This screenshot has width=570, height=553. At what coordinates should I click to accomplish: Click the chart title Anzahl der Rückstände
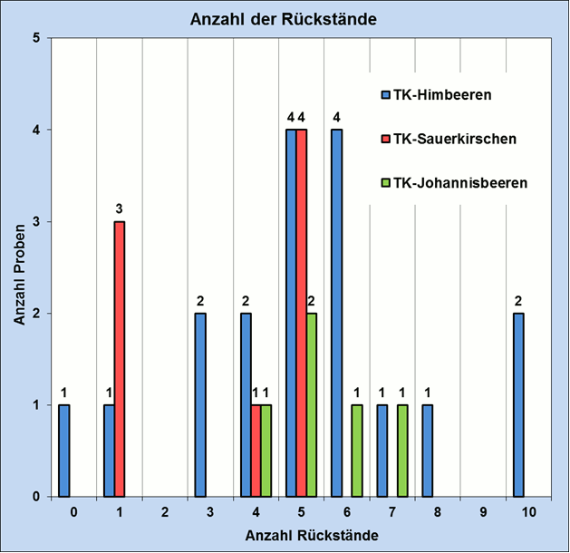(283, 20)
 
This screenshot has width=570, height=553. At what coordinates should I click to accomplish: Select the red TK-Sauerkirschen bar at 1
(119, 359)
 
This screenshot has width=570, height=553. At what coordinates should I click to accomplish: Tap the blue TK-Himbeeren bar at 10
(518, 405)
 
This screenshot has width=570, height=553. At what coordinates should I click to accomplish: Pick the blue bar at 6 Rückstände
(336, 314)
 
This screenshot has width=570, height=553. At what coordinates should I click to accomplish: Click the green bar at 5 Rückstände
(311, 405)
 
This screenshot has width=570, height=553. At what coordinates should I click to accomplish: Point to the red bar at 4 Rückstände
(256, 451)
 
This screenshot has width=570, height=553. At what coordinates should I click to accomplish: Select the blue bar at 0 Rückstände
(63, 451)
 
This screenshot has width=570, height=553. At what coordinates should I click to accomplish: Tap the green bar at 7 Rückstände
(401, 451)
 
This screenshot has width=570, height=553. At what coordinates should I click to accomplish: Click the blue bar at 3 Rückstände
(200, 405)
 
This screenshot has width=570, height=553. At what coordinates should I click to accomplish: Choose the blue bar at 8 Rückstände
(428, 451)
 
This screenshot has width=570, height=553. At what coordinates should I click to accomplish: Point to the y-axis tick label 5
(35, 39)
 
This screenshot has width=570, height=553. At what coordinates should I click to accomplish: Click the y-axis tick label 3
(35, 222)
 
